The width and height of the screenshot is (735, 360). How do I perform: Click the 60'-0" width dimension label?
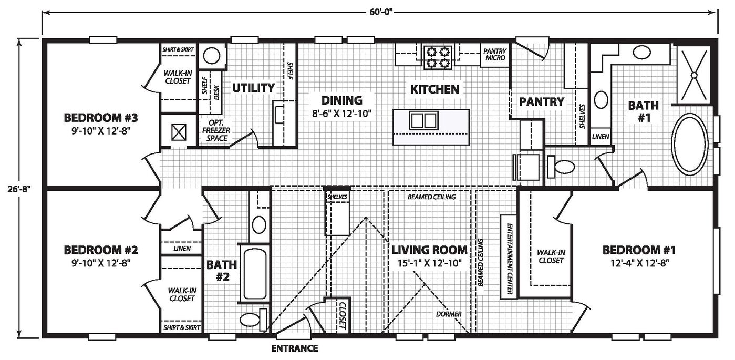tap(381, 12)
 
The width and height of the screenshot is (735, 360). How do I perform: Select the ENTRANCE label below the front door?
tap(295, 348)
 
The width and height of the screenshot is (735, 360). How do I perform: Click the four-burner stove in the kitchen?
tap(438, 57)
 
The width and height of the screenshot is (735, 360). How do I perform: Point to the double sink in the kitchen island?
tap(423, 120)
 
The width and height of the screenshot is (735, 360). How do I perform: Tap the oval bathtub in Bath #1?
tap(690, 145)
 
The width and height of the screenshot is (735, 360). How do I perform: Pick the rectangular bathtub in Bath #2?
tap(255, 274)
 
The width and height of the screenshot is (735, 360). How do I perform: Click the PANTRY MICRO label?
tap(495, 55)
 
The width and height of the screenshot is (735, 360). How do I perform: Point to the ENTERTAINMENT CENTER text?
tap(509, 259)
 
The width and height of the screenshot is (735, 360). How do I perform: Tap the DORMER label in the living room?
tap(449, 314)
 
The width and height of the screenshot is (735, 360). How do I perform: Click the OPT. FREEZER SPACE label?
tap(216, 131)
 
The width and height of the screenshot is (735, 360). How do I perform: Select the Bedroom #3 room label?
tap(101, 118)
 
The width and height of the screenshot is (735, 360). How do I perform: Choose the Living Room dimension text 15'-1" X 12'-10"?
tap(430, 263)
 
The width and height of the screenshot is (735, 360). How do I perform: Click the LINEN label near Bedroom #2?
tap(182, 249)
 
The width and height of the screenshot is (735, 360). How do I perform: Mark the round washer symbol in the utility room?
tap(212, 56)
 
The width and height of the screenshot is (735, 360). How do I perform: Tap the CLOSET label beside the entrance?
tap(342, 316)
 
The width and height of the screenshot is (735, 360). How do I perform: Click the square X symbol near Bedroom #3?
tap(179, 132)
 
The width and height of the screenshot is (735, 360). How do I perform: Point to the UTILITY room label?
tap(253, 88)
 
